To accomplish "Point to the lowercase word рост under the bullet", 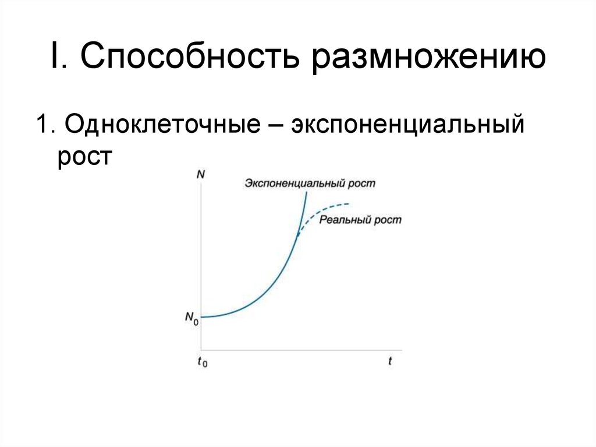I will (x=84, y=157).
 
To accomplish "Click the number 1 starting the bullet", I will (x=42, y=126).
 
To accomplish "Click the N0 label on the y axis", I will (x=191, y=318).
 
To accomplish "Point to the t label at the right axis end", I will (x=391, y=361).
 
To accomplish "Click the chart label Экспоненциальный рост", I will (x=310, y=184).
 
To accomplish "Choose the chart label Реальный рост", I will (x=360, y=220).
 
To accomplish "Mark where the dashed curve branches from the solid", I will (x=297, y=234).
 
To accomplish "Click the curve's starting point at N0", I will (x=202, y=316).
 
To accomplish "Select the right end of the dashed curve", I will (x=349, y=203).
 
